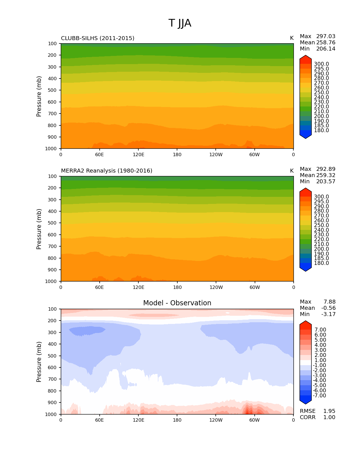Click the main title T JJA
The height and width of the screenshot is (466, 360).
pos(180,23)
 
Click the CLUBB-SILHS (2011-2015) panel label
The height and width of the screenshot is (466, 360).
pos(98,38)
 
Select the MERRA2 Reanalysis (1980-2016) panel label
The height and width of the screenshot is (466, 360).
pos(107,171)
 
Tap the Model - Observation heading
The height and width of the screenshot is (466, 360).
pos(177,303)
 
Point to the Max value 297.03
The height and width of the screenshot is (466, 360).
pos(326,36)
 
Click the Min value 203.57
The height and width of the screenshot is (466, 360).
pos(326,182)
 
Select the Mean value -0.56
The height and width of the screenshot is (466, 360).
pos(328,308)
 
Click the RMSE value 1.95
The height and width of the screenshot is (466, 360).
pos(329,411)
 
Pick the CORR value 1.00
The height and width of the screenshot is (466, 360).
pos(329,417)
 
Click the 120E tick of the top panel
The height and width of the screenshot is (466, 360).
pos(138,155)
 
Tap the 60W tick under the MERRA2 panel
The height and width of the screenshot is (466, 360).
pos(255,288)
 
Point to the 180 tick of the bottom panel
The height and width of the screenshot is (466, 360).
pos(177,420)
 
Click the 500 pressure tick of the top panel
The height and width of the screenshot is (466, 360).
pos(53,90)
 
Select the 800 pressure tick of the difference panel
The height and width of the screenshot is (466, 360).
pos(53,391)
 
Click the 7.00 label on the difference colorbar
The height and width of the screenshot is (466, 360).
pos(320,330)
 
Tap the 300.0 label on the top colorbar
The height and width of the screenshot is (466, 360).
pos(321,64)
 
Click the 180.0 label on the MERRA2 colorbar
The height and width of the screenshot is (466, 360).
pos(321,263)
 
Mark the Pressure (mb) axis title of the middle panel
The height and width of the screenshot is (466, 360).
pos(39,229)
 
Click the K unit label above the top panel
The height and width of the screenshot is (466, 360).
pos(292,38)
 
